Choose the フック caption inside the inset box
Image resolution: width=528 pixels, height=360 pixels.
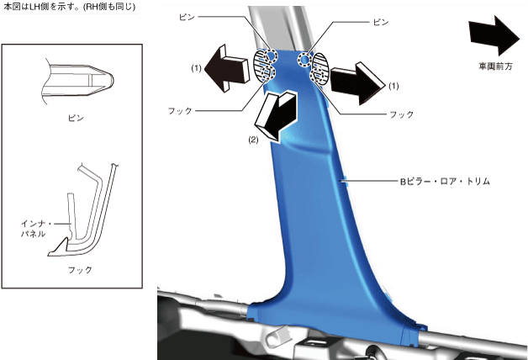(79, 270)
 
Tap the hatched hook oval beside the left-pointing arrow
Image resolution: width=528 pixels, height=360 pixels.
(266, 67)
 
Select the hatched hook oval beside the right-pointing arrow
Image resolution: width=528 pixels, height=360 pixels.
(320, 69)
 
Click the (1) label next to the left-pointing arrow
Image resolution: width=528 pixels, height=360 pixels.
(196, 66)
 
